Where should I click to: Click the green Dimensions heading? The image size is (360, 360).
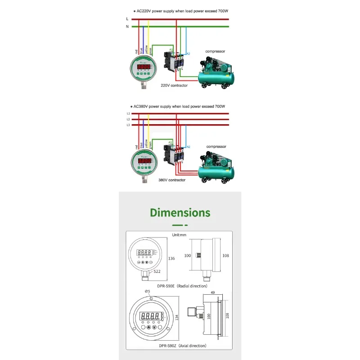click(x=180, y=212)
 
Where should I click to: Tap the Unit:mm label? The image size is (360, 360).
click(x=180, y=235)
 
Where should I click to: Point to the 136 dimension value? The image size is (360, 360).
click(x=171, y=259)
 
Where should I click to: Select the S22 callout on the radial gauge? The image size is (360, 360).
click(x=157, y=272)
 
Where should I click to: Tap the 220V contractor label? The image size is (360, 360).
click(x=174, y=85)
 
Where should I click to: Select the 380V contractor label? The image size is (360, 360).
click(x=172, y=180)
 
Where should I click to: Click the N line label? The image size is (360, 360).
click(x=127, y=26)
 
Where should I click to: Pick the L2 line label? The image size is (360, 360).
click(x=128, y=119)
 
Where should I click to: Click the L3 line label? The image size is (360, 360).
click(x=128, y=125)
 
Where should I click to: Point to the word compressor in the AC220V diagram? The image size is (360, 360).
click(x=215, y=51)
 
